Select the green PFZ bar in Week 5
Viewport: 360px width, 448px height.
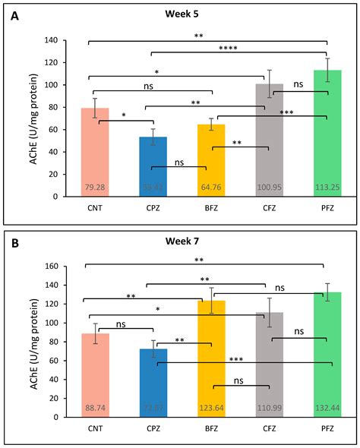[x=323, y=137]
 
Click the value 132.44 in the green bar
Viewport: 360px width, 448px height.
[x=323, y=409]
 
